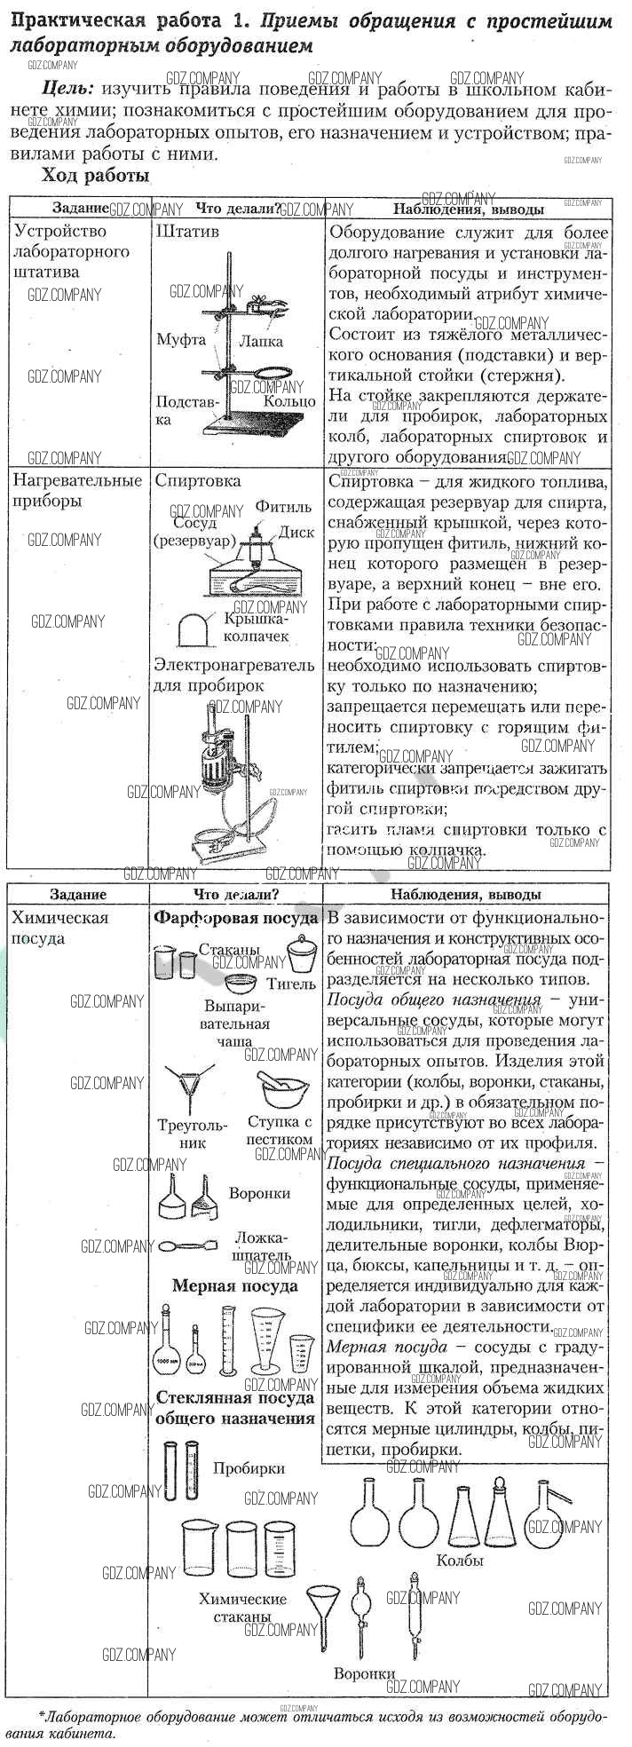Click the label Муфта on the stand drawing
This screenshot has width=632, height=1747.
(x=180, y=339)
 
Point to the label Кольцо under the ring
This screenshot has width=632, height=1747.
(x=288, y=401)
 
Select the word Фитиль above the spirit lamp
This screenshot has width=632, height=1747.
(x=283, y=506)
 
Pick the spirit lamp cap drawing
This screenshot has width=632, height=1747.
(x=194, y=628)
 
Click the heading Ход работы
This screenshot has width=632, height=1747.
(x=95, y=176)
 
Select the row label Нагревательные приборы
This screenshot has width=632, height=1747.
(x=76, y=490)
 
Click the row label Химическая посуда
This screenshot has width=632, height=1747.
(x=60, y=928)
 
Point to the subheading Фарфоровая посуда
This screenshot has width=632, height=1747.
(x=235, y=918)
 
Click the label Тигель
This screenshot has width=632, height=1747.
(x=291, y=984)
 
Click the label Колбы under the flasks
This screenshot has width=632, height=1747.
(x=460, y=1561)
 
